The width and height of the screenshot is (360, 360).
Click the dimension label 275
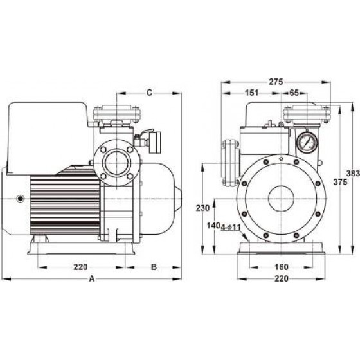pos(276,82)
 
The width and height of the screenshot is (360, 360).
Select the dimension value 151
pos(251,93)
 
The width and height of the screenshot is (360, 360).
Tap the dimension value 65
pos(294,93)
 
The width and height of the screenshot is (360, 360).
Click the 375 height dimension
pos(340,182)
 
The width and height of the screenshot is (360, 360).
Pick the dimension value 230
pos(203,208)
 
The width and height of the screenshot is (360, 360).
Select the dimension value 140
pos(213,226)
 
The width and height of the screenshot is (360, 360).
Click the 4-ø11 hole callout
pos(231,228)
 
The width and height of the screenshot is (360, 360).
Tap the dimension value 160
pos(282,267)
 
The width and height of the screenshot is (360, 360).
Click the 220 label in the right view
pos(282,278)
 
